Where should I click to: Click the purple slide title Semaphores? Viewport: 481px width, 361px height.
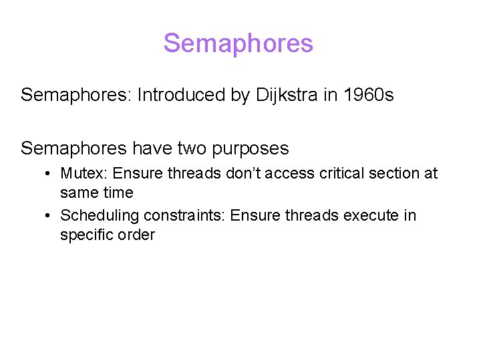click(238, 43)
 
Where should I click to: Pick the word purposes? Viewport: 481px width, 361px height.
click(253, 148)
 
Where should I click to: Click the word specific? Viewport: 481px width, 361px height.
click(85, 235)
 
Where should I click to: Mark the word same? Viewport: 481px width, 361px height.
click(77, 193)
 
